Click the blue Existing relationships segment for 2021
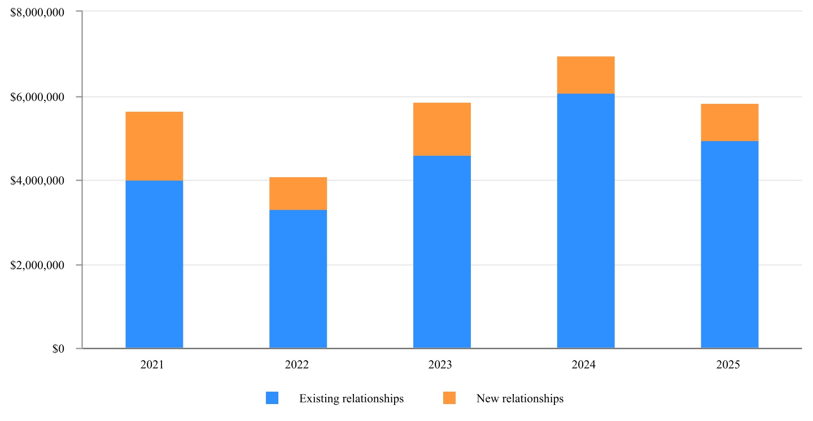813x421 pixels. pyautogui.click(x=154, y=264)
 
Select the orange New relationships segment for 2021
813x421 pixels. pyautogui.click(x=154, y=146)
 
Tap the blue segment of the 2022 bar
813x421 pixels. pyautogui.click(x=298, y=279)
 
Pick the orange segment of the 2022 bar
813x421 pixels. pyautogui.click(x=298, y=194)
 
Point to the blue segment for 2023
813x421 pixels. pyautogui.click(x=442, y=252)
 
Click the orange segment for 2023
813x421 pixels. pyautogui.click(x=442, y=129)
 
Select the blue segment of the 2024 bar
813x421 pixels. pyautogui.click(x=585, y=221)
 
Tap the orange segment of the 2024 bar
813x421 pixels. pyautogui.click(x=585, y=75)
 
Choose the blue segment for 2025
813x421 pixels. pyautogui.click(x=729, y=244)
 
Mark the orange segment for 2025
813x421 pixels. pyautogui.click(x=729, y=122)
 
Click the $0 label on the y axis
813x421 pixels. pyautogui.click(x=58, y=349)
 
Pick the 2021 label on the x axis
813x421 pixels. pyautogui.click(x=152, y=365)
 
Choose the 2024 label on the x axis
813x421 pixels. pyautogui.click(x=583, y=365)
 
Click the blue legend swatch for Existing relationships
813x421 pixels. pyautogui.click(x=272, y=398)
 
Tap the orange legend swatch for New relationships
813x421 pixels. pyautogui.click(x=449, y=398)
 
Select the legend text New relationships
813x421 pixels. pyautogui.click(x=520, y=398)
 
